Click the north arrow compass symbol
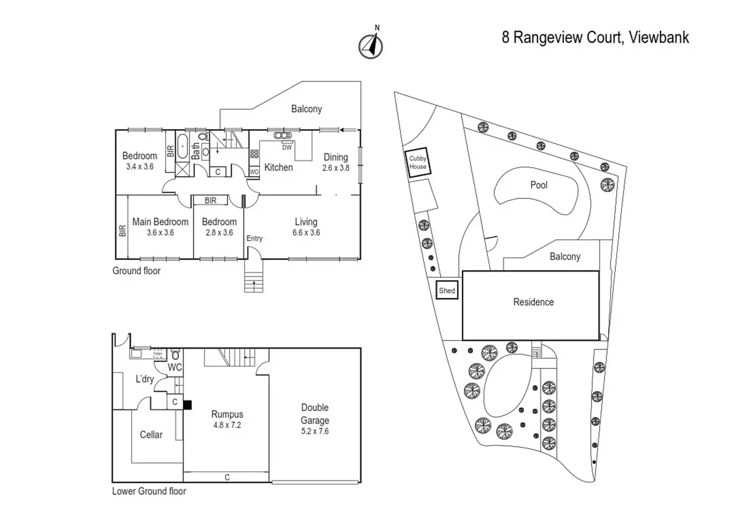[x=371, y=46]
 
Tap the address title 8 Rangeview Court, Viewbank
[x=595, y=38]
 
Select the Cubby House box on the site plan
[x=418, y=163]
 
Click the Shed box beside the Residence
[x=447, y=291]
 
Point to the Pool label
[x=538, y=185]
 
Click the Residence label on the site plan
[x=533, y=302]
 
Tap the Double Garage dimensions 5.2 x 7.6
[x=315, y=431]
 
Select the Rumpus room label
[x=227, y=414]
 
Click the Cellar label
[x=151, y=435]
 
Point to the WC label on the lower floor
[x=175, y=367]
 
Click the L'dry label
[x=145, y=379]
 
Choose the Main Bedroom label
[x=160, y=222]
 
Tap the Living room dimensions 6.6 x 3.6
[x=306, y=233]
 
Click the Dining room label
[x=336, y=157]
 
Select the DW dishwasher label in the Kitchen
[x=287, y=148]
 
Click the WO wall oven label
[x=254, y=172]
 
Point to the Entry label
[x=254, y=238]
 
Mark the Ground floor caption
[x=136, y=271]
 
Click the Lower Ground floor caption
[x=149, y=491]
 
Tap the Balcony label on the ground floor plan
[x=306, y=109]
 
